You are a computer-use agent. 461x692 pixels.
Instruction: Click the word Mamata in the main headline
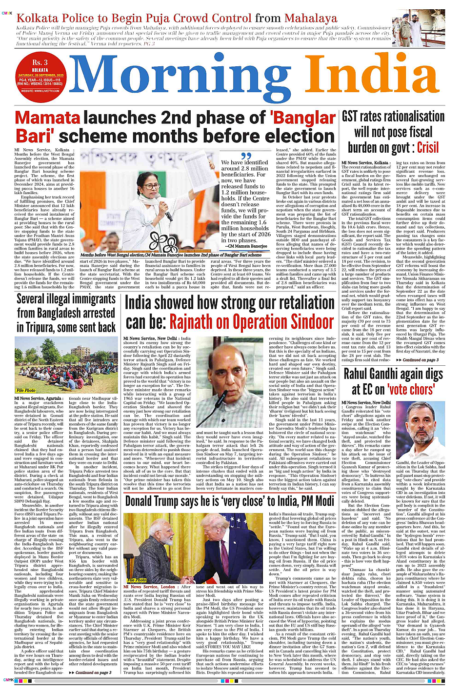pos(47,119)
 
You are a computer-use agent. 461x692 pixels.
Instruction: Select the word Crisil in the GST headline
pos(428,147)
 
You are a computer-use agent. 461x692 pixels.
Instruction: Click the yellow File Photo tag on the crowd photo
pos(26,390)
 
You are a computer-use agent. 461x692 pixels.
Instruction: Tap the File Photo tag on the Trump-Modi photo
pos(137,580)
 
